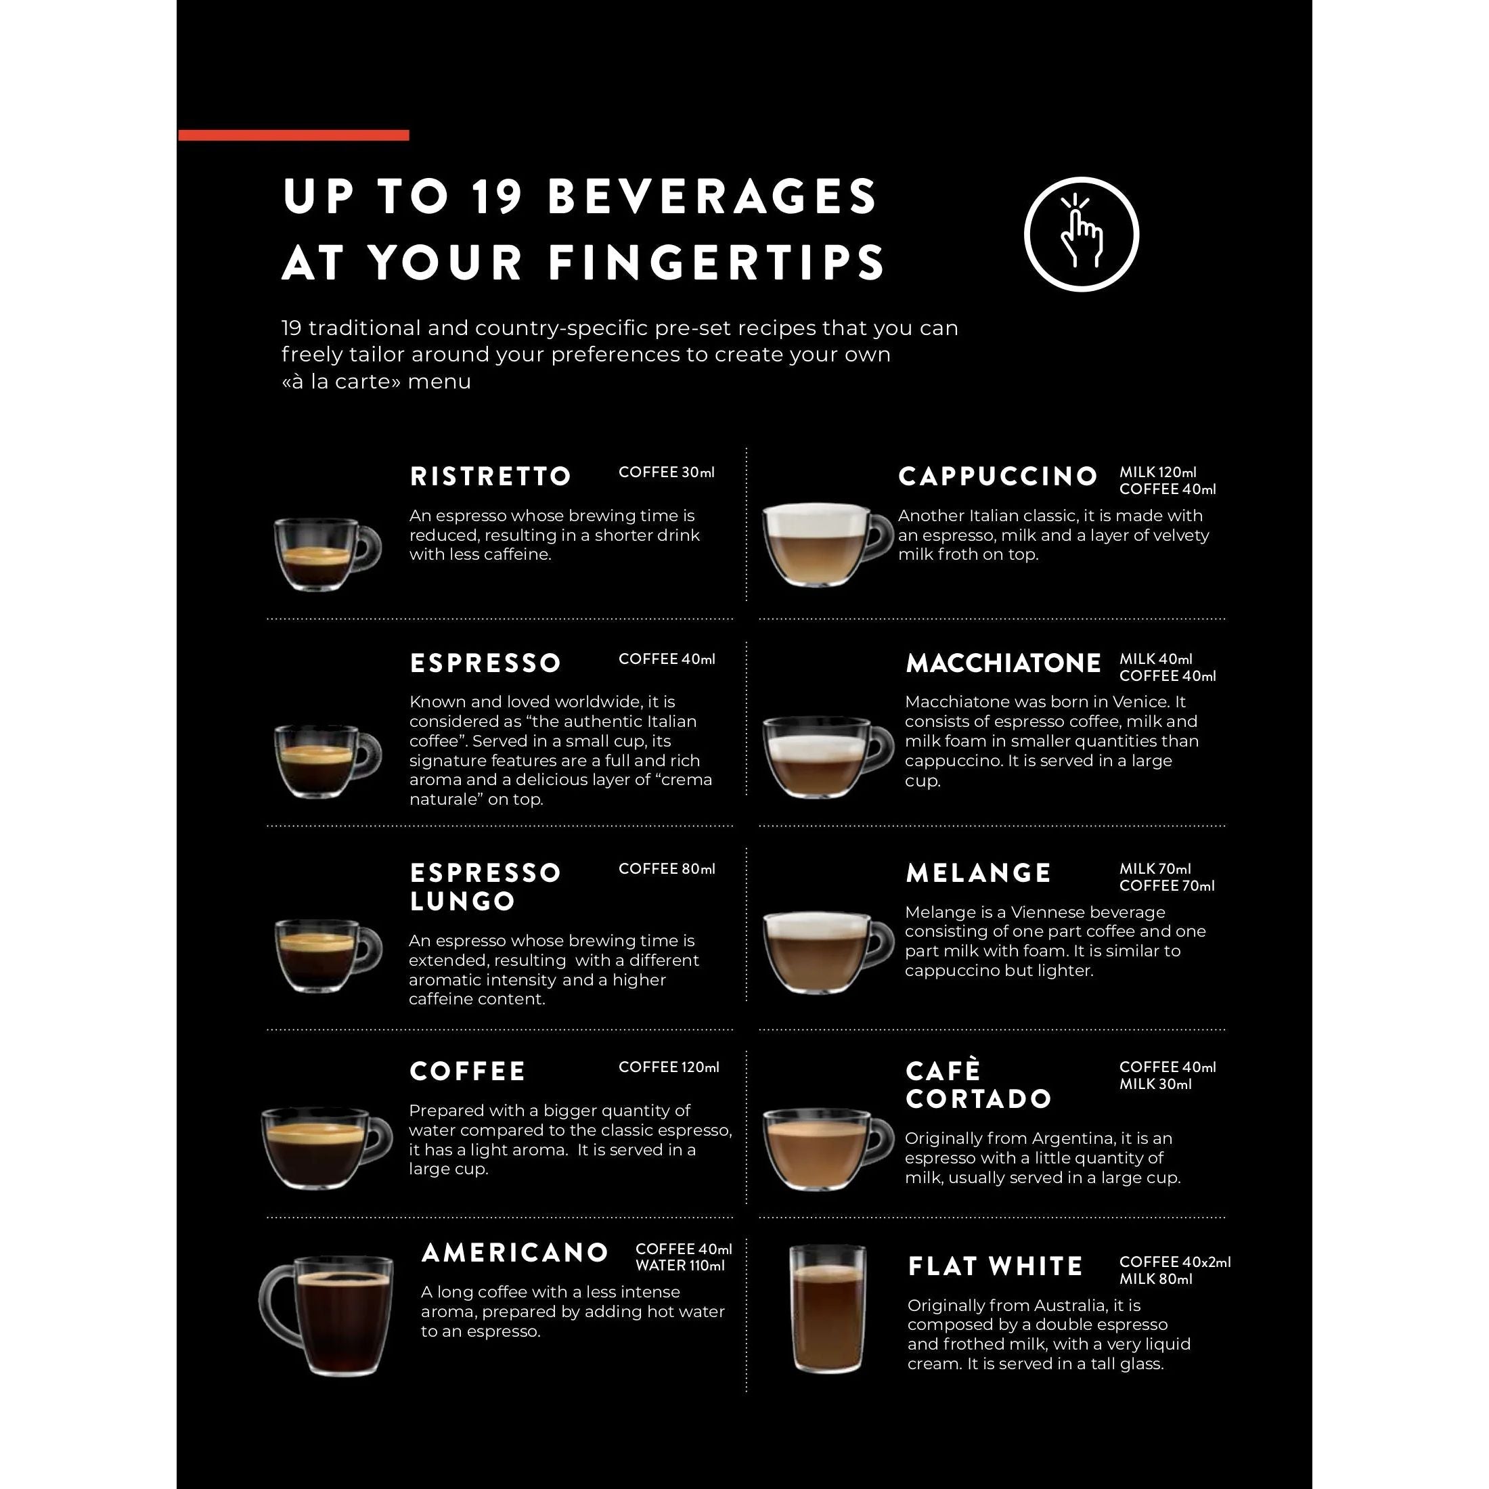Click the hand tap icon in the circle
[x=1082, y=234]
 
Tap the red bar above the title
[x=294, y=135]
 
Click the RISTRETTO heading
[x=490, y=476]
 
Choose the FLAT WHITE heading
[x=996, y=1266]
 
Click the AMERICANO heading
[x=515, y=1252]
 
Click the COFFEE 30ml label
[x=667, y=472]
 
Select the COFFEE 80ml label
[x=667, y=868]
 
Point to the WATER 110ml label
[x=680, y=1266]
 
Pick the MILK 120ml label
[x=1157, y=472]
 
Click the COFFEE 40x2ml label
[x=1174, y=1262]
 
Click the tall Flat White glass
[x=828, y=1310]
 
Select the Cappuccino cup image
[x=827, y=544]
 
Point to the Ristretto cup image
[x=328, y=554]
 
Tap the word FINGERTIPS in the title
[x=717, y=262]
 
